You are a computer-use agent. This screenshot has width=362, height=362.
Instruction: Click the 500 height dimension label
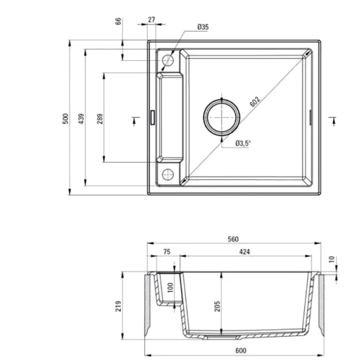click(64, 118)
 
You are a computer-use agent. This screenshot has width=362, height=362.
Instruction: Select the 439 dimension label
click(81, 118)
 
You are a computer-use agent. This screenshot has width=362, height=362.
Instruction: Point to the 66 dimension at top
click(118, 22)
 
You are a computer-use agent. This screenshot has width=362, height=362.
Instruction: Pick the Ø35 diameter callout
click(203, 28)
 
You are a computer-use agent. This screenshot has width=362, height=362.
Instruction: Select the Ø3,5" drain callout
click(243, 143)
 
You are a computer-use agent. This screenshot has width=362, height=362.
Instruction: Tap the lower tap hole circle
click(167, 172)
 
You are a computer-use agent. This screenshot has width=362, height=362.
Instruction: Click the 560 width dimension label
click(233, 240)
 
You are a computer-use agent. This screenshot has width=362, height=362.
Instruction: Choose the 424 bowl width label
click(246, 253)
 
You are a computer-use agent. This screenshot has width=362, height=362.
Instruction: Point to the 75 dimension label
click(166, 253)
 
